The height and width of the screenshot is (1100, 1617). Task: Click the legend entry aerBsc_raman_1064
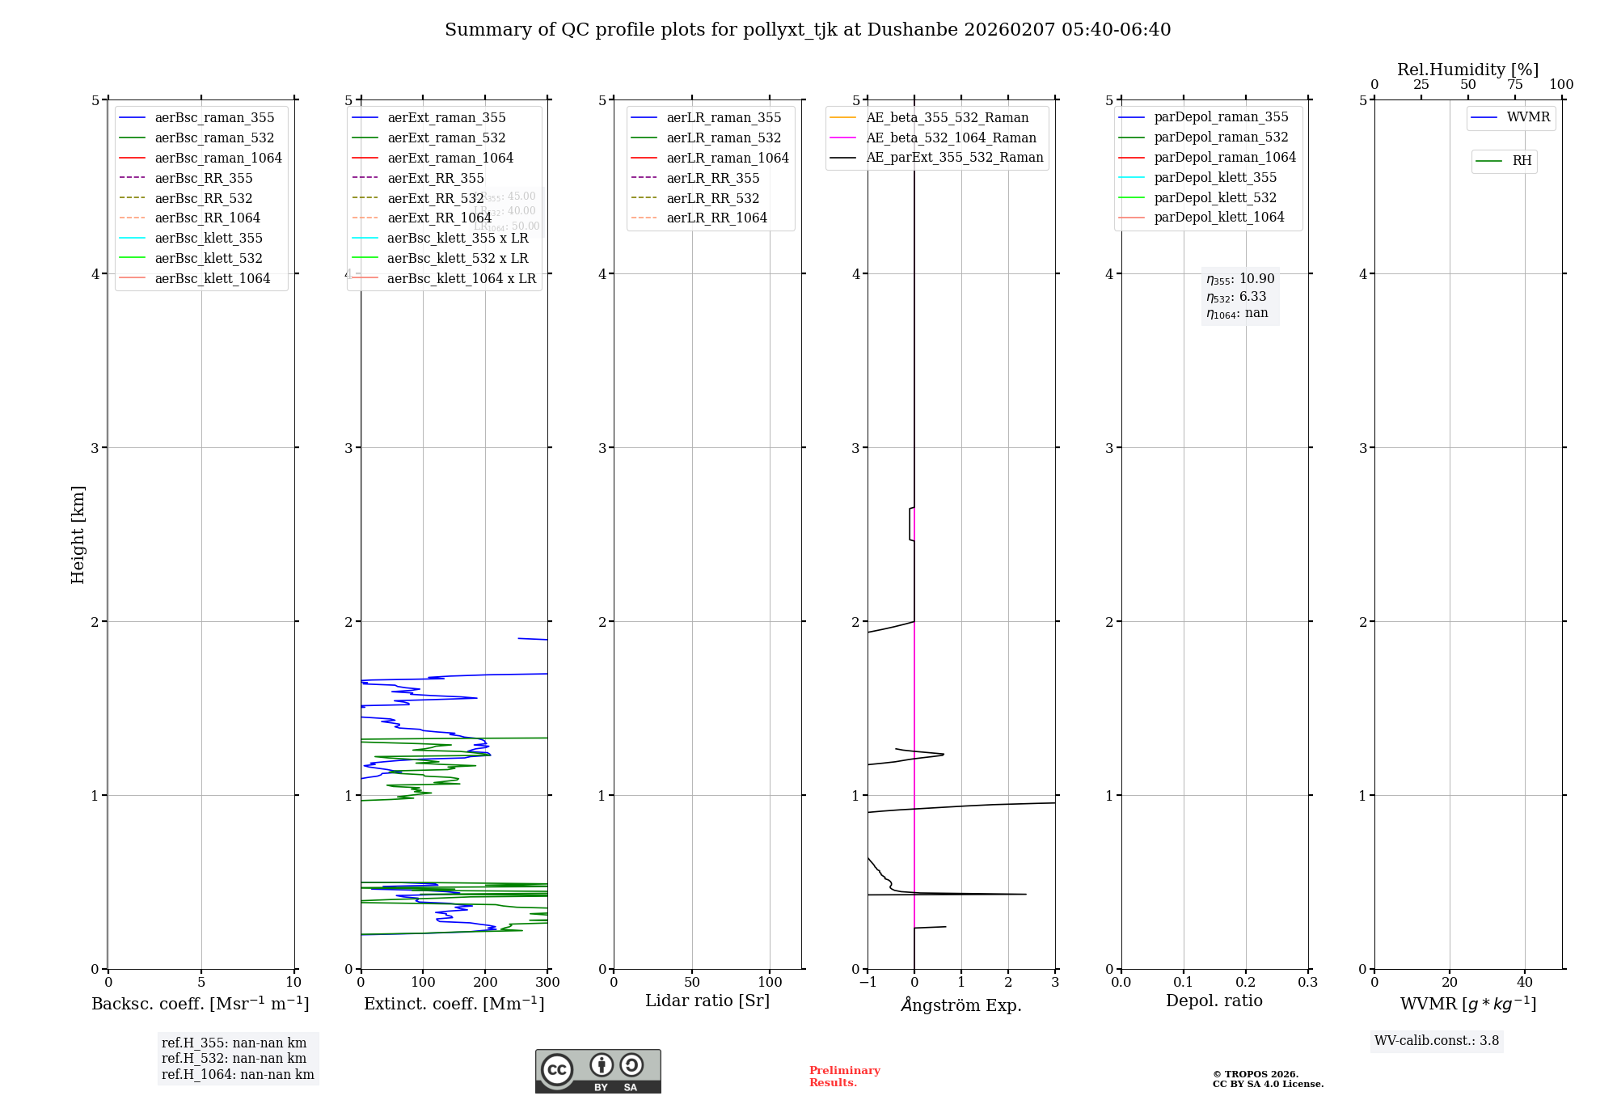coord(218,158)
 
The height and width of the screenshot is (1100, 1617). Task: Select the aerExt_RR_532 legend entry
coord(435,198)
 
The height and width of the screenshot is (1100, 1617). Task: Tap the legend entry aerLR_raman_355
coord(724,117)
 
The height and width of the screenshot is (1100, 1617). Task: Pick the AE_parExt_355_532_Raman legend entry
coord(954,157)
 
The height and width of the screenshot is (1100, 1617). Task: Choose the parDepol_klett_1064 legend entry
coord(1218,217)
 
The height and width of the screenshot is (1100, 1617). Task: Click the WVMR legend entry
coord(1528,117)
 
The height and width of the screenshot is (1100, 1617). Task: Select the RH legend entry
coord(1522,161)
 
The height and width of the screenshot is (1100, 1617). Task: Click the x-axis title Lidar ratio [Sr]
coord(707,1001)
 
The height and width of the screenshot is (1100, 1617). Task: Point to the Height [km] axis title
coord(78,534)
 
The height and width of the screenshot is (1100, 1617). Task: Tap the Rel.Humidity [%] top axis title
coord(1467,70)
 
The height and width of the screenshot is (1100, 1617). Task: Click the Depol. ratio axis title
coord(1214,1001)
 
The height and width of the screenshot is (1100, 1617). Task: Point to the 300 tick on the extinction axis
coord(547,983)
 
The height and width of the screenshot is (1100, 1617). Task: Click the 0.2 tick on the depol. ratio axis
coord(1245,983)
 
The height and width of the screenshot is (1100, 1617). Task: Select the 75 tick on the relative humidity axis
coord(1514,85)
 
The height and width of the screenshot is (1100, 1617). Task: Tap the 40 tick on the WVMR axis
coord(1524,983)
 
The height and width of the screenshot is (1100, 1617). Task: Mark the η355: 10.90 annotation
coord(1240,279)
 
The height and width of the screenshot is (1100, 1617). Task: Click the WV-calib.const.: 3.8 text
coord(1437,1041)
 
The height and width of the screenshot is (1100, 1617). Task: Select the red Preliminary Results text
coord(844,1077)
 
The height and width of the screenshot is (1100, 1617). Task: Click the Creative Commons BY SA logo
coord(597,1072)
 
